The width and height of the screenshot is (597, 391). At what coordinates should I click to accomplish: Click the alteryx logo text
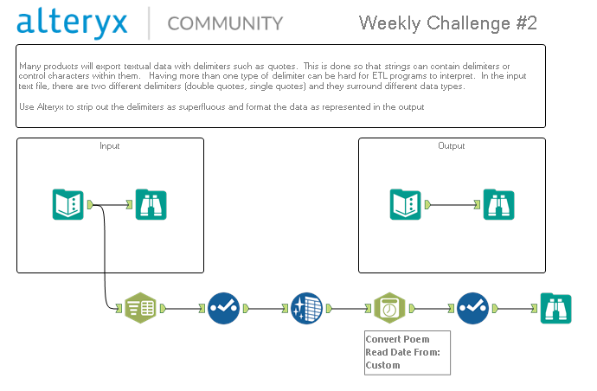coord(72,22)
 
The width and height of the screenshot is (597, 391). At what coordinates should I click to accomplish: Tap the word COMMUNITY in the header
coord(225,23)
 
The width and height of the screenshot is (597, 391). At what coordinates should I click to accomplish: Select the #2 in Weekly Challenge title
coord(527,23)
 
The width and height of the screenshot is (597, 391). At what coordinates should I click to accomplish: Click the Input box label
coord(110,146)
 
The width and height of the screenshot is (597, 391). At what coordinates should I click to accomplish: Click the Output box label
coord(451,146)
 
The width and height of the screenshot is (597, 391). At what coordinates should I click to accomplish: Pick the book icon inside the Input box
coord(67,204)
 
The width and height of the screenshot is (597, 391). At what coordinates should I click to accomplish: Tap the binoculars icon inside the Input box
coord(151,204)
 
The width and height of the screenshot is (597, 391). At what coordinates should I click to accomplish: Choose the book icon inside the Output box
coord(405,204)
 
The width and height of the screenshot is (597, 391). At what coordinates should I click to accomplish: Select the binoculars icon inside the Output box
coord(498,204)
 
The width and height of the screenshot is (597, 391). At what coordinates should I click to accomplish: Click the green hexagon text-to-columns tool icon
coord(140,308)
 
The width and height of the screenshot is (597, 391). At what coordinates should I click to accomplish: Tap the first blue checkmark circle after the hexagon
coord(223,308)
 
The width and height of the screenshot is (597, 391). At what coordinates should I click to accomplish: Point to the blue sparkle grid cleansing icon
coord(306,308)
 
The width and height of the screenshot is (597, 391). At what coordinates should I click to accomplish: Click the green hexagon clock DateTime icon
coord(389,308)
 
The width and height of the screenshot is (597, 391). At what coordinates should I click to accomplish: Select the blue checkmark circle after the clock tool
coord(472,308)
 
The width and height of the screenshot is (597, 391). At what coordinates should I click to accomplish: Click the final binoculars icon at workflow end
coord(555,308)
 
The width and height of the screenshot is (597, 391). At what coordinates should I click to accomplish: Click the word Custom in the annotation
coord(382,365)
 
